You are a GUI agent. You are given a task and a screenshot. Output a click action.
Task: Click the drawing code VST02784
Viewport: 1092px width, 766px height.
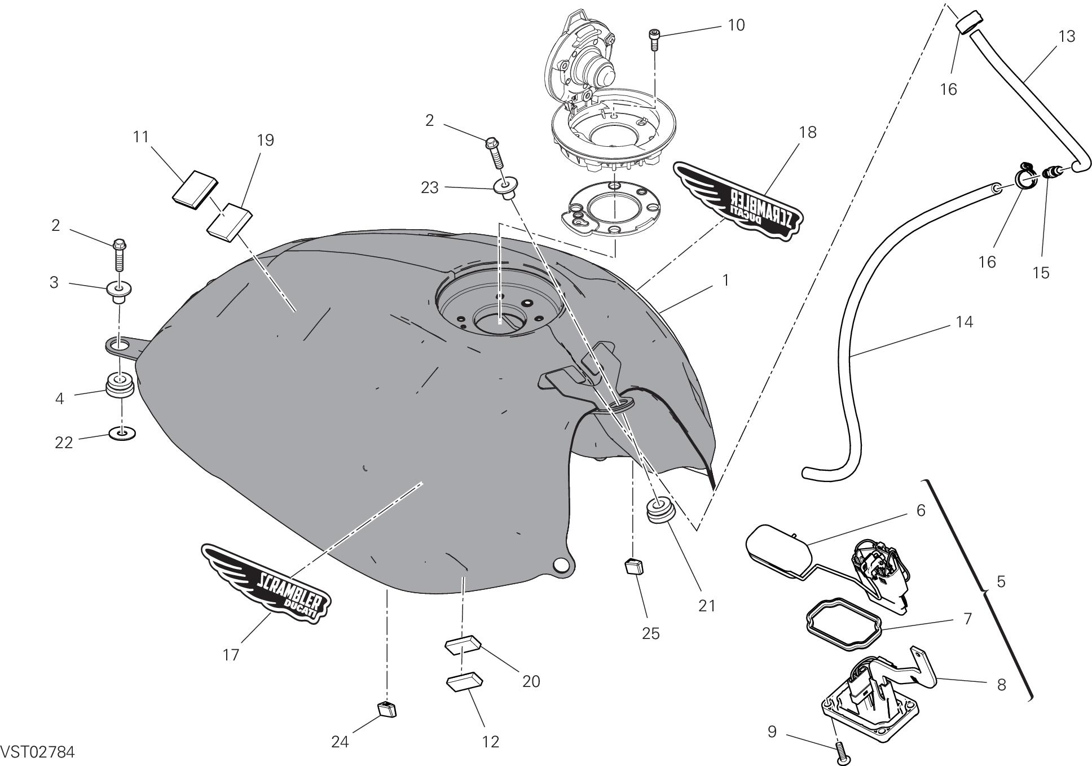point(37,752)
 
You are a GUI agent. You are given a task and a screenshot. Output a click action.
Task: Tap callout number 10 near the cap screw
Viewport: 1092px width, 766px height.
point(736,25)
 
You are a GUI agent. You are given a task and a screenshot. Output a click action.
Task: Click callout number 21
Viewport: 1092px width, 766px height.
point(706,606)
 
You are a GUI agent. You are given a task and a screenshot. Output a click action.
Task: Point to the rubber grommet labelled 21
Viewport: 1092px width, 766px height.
point(658,511)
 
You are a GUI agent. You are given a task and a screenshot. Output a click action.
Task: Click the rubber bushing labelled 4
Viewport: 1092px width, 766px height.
point(120,385)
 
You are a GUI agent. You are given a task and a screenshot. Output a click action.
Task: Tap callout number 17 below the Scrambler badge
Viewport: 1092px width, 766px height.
point(231,654)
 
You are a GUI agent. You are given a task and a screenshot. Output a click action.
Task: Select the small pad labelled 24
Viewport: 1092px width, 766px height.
point(386,708)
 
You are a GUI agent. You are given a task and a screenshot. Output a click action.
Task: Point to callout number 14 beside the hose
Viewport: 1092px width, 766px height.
point(964,322)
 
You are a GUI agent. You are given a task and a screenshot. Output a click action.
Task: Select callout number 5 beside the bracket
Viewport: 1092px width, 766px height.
point(1001,581)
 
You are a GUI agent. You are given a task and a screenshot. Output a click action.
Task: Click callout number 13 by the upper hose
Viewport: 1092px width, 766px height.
point(1067,37)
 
